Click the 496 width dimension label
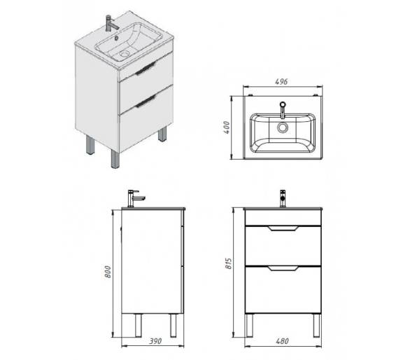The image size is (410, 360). [x=281, y=82]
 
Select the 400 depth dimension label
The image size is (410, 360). [x=227, y=127]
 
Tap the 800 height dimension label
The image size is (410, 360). [x=108, y=272]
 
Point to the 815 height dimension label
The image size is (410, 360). [x=228, y=263]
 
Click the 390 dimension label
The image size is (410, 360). [x=155, y=341]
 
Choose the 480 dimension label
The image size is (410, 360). [x=282, y=341]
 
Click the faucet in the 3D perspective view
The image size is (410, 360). [x=111, y=23]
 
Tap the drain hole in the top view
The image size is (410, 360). [x=283, y=128]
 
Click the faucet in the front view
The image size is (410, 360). [x=283, y=198]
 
